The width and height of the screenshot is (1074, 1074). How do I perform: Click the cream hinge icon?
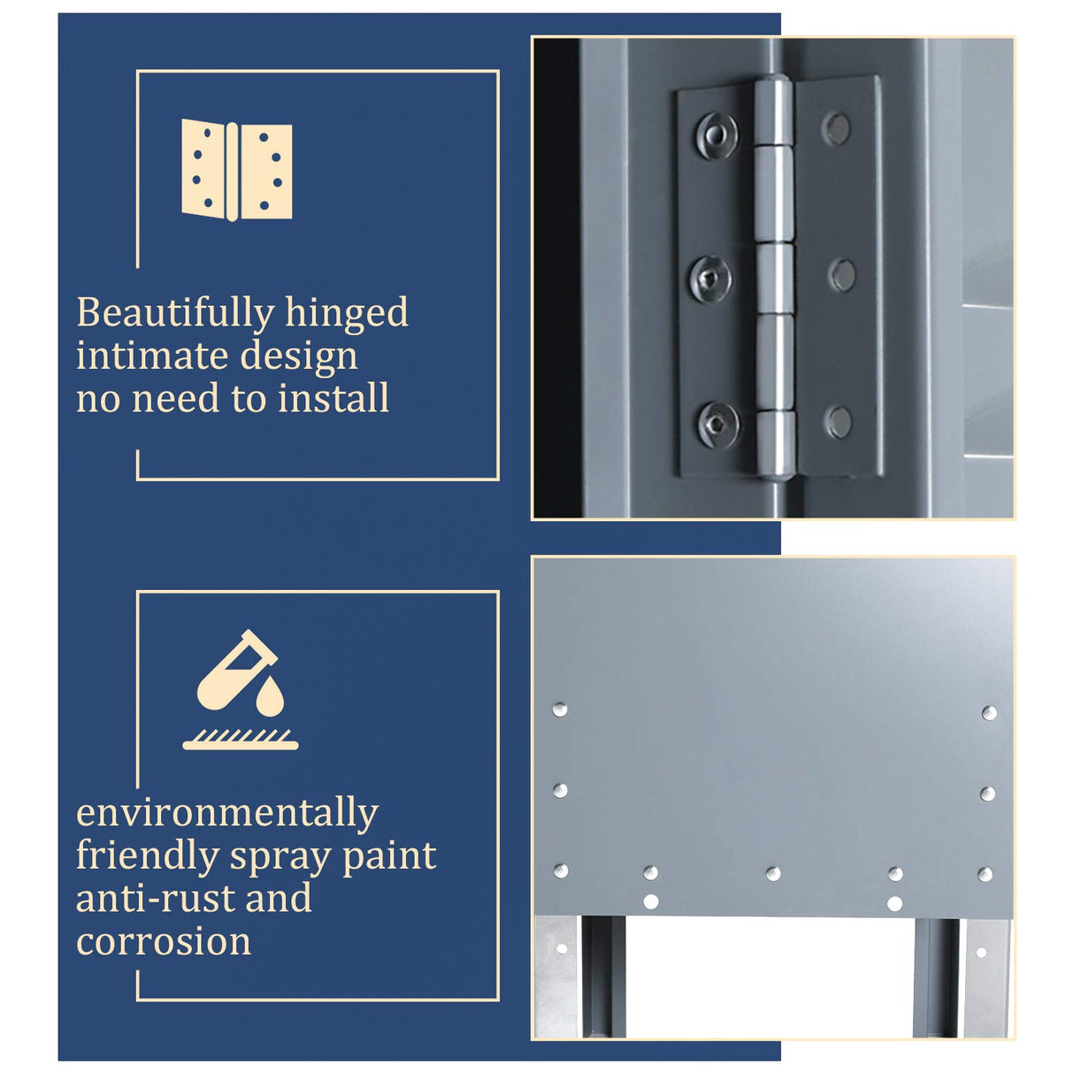click(236, 170)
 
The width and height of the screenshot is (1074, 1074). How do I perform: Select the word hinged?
click(347, 314)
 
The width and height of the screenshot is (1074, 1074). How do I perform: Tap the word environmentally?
click(227, 814)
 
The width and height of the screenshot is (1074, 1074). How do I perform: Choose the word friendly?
click(148, 857)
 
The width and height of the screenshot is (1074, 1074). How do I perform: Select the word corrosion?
click(164, 942)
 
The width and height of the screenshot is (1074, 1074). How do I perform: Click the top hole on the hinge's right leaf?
click(835, 129)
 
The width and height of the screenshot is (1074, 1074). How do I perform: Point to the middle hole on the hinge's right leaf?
click(841, 275)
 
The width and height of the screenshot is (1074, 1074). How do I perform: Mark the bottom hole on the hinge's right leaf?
click(839, 422)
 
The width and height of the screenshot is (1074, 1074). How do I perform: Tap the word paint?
click(389, 857)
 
